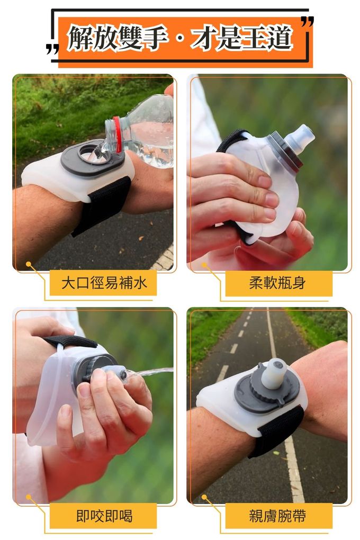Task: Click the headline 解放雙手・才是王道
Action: point(179,38)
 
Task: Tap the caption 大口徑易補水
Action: point(104,283)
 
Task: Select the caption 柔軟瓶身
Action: point(277,283)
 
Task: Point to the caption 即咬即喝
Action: point(104,516)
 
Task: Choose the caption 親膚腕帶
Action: point(277,516)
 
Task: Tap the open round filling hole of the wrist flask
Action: point(89,154)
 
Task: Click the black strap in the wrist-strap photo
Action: point(276,430)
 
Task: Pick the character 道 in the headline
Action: point(280,38)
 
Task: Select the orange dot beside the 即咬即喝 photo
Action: point(28,497)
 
